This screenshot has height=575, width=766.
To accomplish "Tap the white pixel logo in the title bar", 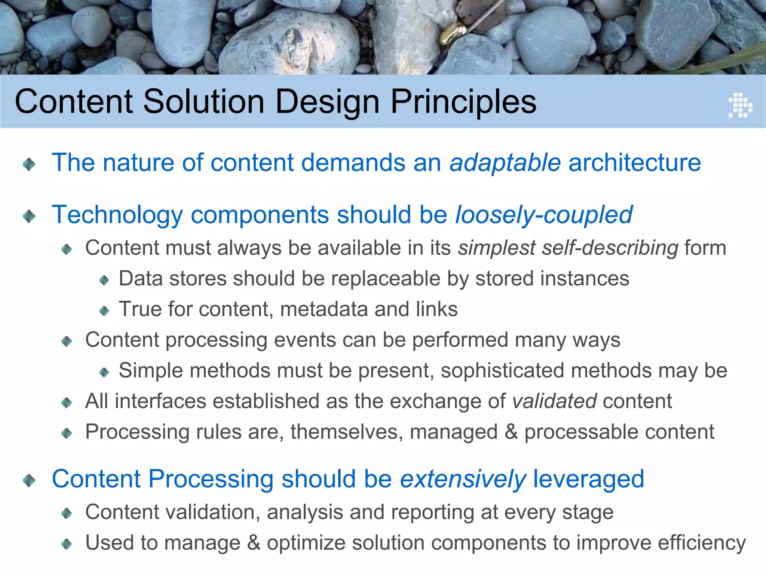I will [x=740, y=105].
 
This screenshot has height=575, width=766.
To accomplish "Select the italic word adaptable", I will [x=505, y=163].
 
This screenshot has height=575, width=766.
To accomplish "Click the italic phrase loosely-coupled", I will [x=543, y=215].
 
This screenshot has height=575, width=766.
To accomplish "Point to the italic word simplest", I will [x=497, y=248].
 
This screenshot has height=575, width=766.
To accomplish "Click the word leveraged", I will [x=588, y=479].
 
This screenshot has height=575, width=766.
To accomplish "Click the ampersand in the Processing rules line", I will [x=511, y=432].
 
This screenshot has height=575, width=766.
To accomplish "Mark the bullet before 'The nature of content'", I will [x=29, y=164].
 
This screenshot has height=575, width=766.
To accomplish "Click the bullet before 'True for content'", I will [x=104, y=311].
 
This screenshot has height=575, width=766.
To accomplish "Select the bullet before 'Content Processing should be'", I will [x=29, y=480].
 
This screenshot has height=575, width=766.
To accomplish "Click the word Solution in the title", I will [x=204, y=102].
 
